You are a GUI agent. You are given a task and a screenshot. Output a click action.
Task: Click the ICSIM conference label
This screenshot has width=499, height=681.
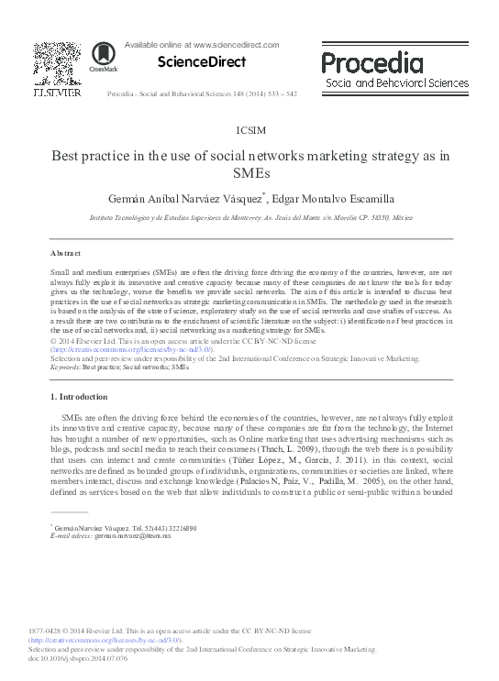pyautogui.click(x=249, y=132)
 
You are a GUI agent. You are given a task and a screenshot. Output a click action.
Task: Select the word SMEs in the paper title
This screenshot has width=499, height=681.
pyautogui.click(x=249, y=171)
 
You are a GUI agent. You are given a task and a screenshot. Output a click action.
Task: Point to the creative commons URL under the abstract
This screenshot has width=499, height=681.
pyautogui.click(x=132, y=349)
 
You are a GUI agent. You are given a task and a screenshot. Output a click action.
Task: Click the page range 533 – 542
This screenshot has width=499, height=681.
pyautogui.click(x=296, y=93)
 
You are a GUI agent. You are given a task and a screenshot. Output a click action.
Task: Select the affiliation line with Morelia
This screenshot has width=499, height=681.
pyautogui.click(x=249, y=220)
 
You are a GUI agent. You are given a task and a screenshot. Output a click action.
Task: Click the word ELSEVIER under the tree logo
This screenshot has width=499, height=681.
pyautogui.click(x=56, y=92)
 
